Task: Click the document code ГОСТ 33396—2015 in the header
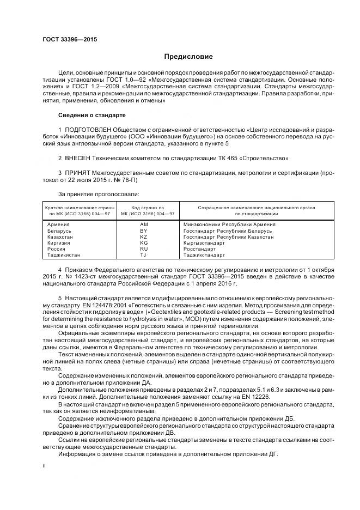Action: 66,39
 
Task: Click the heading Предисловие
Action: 188,57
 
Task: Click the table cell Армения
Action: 58,225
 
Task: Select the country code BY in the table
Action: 143,231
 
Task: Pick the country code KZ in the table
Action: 143,238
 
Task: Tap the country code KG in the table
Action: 143,244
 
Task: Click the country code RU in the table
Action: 143,250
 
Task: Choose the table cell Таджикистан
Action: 64,255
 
